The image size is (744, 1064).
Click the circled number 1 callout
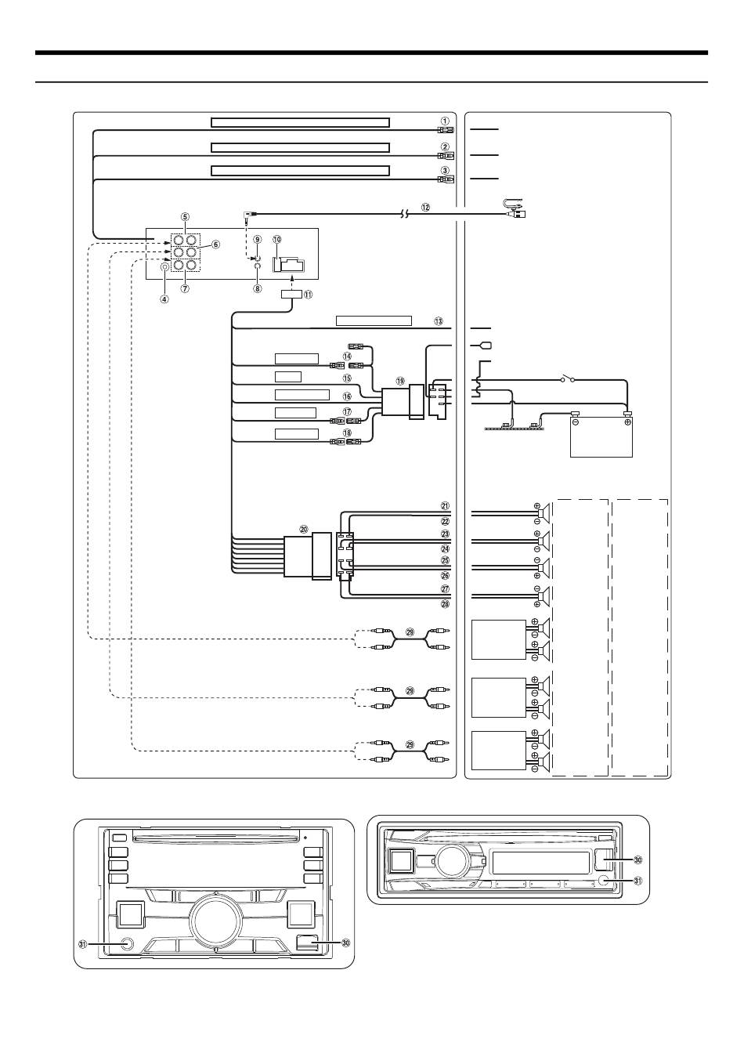[444, 121]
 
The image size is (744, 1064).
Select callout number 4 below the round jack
[164, 298]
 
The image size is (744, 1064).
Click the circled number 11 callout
[308, 295]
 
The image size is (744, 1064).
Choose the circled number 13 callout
[439, 321]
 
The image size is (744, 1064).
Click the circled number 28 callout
[444, 603]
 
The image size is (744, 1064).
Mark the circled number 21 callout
[444, 505]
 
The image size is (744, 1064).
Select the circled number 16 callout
[347, 397]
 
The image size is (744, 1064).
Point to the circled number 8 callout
[257, 288]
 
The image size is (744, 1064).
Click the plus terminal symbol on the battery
[627, 421]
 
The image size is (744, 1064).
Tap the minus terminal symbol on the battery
[575, 421]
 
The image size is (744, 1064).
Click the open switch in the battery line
[568, 381]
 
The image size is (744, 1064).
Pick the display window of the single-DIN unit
[539, 863]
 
